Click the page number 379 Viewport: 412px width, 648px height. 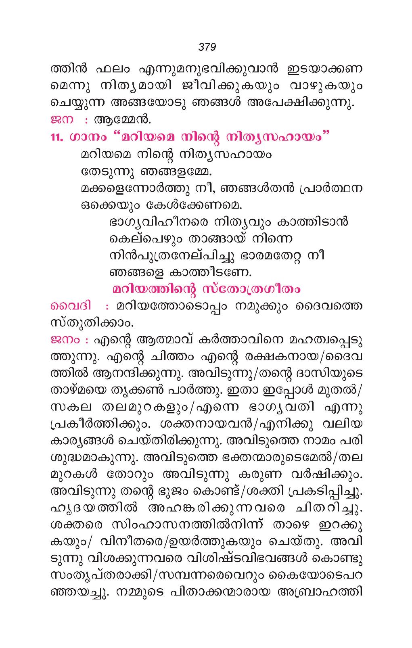pyautogui.click(x=207, y=47)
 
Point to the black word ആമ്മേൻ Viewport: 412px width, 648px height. pyautogui.click(x=122, y=120)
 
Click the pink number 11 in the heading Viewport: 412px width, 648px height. pyautogui.click(x=56, y=137)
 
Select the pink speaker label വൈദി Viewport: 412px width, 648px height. pyautogui.click(x=71, y=306)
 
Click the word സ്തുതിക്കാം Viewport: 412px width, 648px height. pyautogui.click(x=91, y=323)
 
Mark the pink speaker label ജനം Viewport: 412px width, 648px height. pyautogui.click(x=65, y=340)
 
